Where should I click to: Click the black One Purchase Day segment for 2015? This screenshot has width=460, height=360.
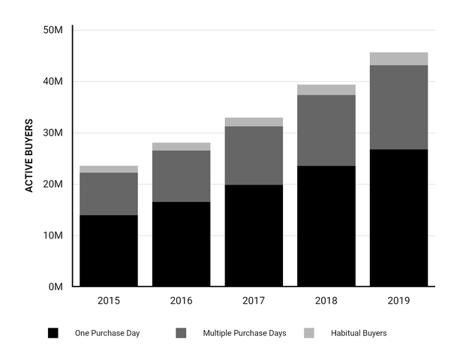click(x=108, y=250)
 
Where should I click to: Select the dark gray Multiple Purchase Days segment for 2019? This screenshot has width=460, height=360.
click(x=399, y=107)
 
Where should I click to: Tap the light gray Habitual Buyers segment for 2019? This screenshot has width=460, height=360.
click(x=399, y=58)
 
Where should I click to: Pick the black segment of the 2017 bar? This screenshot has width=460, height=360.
click(x=254, y=235)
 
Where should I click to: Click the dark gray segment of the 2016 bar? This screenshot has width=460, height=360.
click(x=181, y=176)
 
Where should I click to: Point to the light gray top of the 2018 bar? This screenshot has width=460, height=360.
click(x=326, y=90)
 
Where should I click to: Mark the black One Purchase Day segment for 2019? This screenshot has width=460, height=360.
click(x=399, y=217)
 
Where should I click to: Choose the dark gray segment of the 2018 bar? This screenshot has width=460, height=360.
click(x=326, y=130)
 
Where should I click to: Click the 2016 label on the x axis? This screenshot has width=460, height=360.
click(x=181, y=301)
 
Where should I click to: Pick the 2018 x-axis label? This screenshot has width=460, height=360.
click(x=326, y=301)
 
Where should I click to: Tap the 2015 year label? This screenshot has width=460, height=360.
click(x=108, y=301)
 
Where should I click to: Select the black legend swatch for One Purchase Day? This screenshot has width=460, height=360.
click(x=53, y=332)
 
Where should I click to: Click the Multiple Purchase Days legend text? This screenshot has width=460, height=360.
click(x=244, y=332)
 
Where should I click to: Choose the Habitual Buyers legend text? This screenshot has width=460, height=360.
click(x=359, y=332)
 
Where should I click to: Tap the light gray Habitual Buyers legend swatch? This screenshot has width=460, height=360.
click(x=310, y=332)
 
